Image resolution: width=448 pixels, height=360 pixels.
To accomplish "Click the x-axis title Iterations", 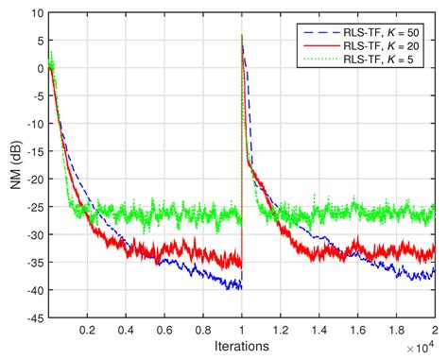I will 241,346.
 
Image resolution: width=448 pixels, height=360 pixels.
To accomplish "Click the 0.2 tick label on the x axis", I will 87,331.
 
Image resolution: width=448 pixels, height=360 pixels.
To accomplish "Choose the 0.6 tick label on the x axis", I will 164,331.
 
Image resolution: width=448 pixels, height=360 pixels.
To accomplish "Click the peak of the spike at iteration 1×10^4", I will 243,36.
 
